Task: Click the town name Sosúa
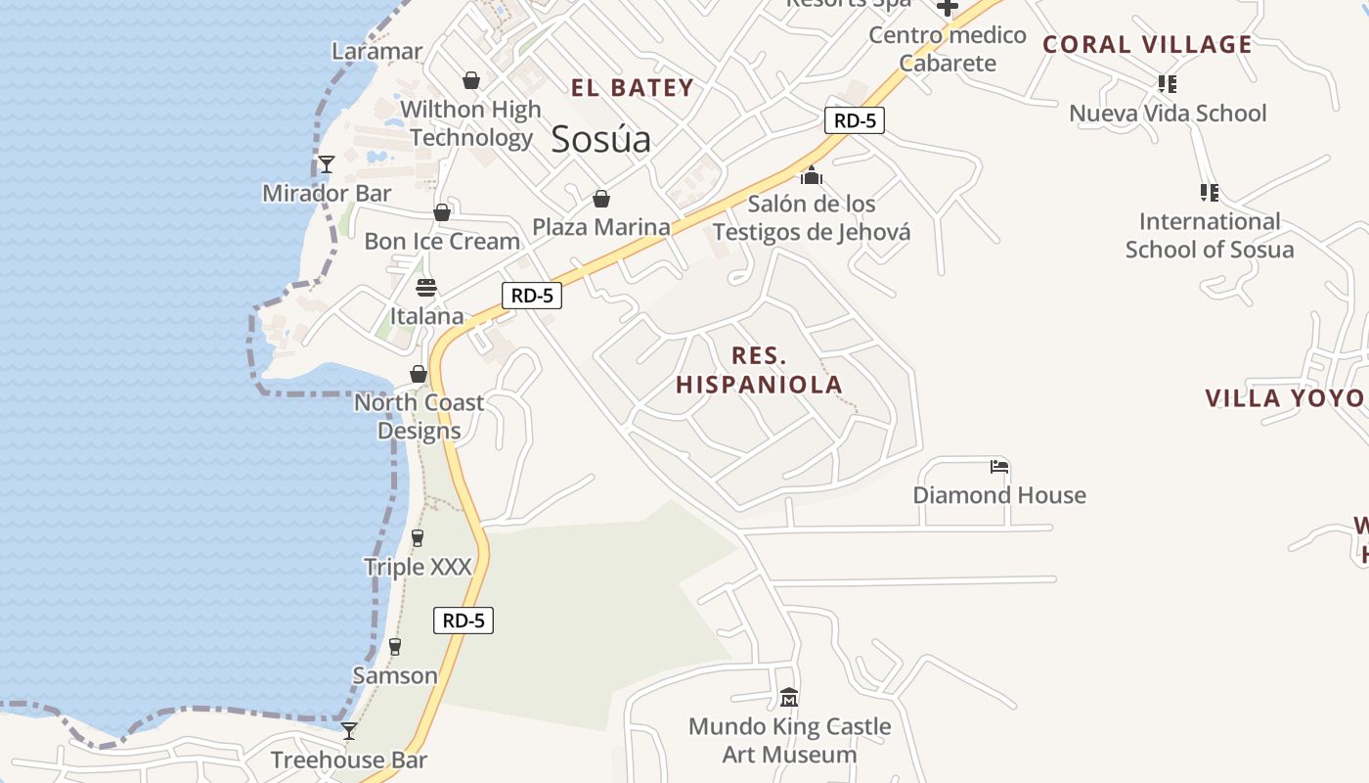(600, 140)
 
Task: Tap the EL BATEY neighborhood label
(632, 88)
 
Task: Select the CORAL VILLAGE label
(1147, 45)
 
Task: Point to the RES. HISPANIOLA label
(759, 370)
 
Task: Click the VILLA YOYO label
(1284, 398)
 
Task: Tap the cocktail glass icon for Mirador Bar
(327, 164)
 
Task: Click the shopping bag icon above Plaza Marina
(601, 199)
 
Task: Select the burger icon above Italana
(426, 288)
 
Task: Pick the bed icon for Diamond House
(998, 467)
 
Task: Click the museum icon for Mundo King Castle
(789, 698)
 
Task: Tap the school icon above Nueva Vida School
(1167, 84)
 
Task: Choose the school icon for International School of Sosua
(1209, 193)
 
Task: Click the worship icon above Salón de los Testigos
(811, 176)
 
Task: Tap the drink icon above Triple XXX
(418, 537)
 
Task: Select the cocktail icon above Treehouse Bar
(349, 731)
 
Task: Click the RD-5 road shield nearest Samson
(464, 621)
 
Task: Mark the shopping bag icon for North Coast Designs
(419, 374)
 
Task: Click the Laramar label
(377, 52)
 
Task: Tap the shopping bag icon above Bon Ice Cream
(442, 212)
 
